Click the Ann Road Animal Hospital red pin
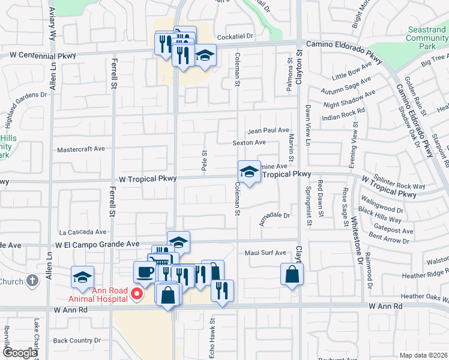pos(137,293)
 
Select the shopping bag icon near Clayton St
pos(292,275)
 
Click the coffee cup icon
pos(144,272)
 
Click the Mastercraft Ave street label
pos(80,149)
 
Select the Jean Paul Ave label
pos(268,130)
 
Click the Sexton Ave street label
pos(249,143)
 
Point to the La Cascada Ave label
pos(82,232)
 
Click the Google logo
pos(19,353)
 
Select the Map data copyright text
pos(424,355)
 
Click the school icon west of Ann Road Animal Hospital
pos(83,277)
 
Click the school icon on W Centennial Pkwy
pos(205,56)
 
